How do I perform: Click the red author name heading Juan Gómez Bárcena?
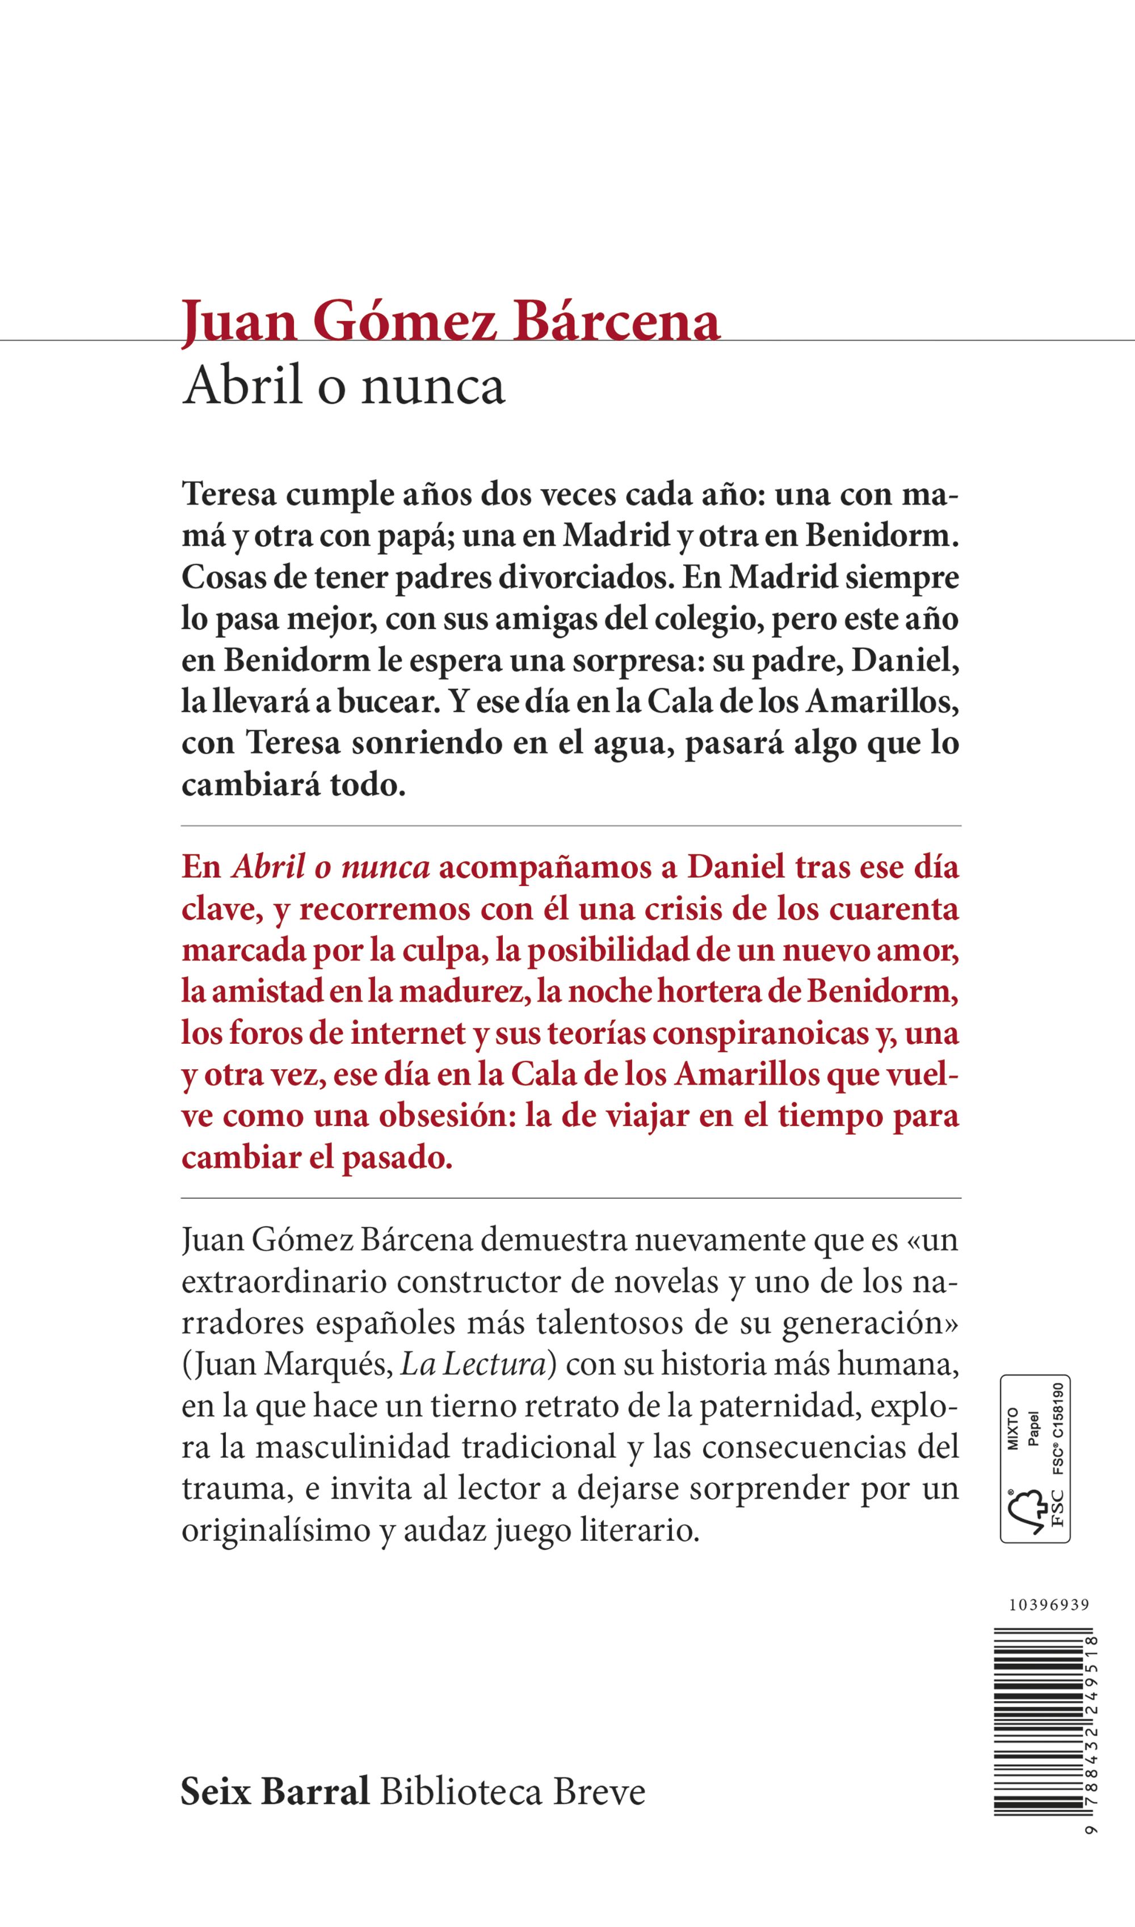click(451, 323)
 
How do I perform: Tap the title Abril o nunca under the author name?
click(343, 386)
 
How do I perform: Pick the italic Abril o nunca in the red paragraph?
click(330, 868)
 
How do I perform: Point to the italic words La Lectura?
click(472, 1365)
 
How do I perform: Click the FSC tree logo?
click(1027, 1511)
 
